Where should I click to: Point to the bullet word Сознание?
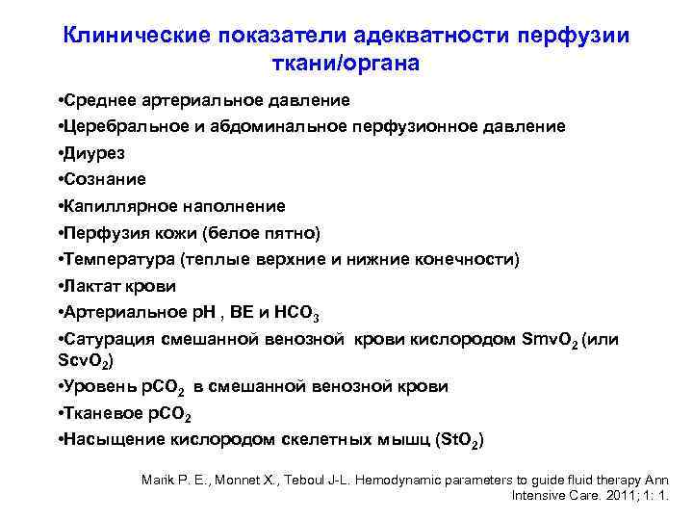click(x=105, y=179)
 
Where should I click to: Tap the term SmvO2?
click(x=549, y=340)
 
